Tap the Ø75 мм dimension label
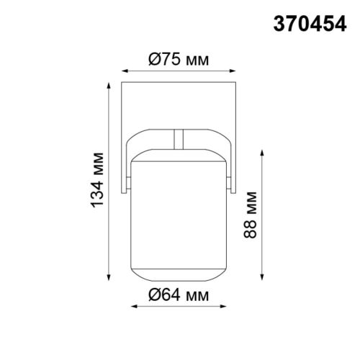point(178,60)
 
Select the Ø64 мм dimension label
point(178,295)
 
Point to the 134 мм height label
point(99,180)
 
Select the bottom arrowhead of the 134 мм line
point(110,279)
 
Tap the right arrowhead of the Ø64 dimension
point(224,307)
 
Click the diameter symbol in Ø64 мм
point(155,295)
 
